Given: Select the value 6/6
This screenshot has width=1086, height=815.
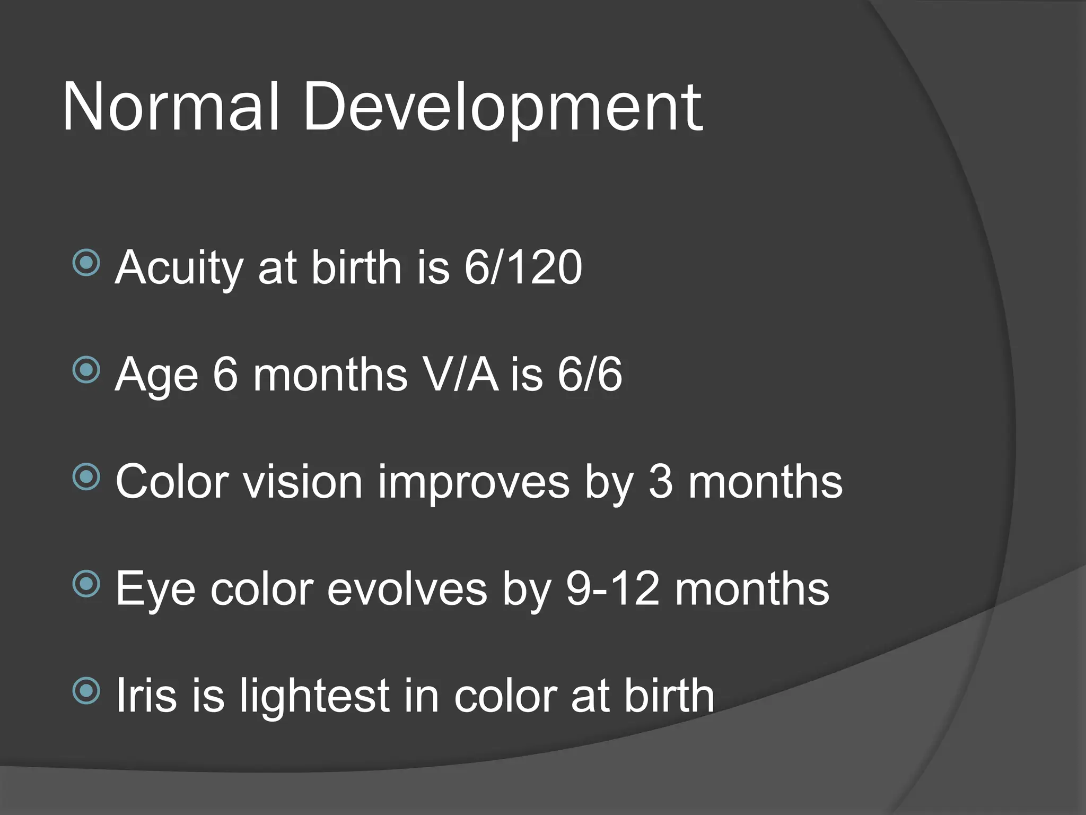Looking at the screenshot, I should (590, 375).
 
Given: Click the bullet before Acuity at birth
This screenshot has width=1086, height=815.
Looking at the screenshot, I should (86, 263).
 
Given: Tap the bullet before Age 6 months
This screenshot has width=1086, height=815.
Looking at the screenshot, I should (86, 370).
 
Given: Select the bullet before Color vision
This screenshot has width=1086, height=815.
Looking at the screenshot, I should (86, 477).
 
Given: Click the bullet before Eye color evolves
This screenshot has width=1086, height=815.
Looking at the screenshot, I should (86, 584).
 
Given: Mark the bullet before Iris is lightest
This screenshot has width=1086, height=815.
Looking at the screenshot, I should (86, 690).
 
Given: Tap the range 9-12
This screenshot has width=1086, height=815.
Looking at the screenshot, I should (612, 589).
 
